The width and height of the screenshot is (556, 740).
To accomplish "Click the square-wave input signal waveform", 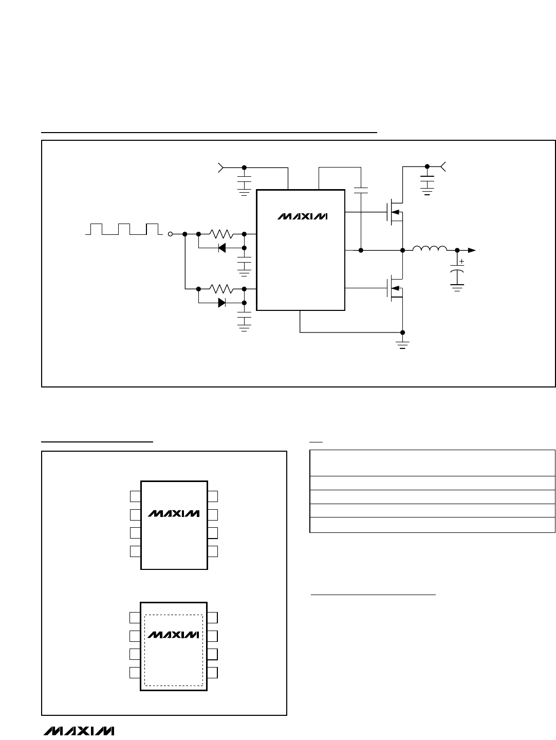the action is [124, 229].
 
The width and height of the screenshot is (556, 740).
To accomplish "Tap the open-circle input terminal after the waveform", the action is [170, 234].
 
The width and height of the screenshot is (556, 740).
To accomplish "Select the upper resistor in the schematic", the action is [221, 234].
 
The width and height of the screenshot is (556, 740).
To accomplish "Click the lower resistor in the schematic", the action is [221, 289].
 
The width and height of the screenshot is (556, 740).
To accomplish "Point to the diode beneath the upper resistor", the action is [221, 248].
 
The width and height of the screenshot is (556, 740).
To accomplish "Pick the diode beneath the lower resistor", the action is [221, 303].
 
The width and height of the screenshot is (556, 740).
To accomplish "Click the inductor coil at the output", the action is [430, 248].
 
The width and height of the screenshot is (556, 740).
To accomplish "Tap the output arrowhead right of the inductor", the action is [472, 250].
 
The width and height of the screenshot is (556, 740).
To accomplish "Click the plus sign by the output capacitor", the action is [461, 261].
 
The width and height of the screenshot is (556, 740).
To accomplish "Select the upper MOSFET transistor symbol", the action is [395, 212].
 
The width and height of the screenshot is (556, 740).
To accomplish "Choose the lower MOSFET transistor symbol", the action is [395, 288].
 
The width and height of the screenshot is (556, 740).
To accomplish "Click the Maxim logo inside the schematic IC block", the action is [302, 216].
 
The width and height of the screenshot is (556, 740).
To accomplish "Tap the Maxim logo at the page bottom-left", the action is [79, 731].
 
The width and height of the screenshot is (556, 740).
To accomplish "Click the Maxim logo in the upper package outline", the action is [174, 513].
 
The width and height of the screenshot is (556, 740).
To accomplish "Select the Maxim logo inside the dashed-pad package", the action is [173, 635].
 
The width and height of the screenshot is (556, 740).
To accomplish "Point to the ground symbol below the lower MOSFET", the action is [402, 345].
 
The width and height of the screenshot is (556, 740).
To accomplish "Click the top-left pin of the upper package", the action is [136, 496].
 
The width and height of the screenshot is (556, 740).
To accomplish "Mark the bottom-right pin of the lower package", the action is [212, 673].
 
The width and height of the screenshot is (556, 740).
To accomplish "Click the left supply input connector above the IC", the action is [221, 168].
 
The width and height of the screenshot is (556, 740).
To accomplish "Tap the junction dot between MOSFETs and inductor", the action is [402, 250].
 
